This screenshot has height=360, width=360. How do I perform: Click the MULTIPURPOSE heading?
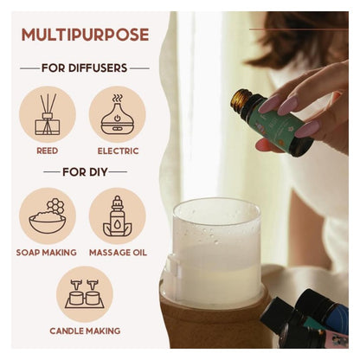[85, 35]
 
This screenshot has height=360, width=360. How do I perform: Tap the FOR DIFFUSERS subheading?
[85, 68]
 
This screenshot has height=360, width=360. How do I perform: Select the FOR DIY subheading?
[85, 172]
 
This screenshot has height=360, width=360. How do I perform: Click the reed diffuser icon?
[48, 114]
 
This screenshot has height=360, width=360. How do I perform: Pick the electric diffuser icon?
[117, 114]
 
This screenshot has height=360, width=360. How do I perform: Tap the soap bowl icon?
[48, 215]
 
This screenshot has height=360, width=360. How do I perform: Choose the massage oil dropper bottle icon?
[117, 215]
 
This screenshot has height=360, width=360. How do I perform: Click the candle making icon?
[85, 293]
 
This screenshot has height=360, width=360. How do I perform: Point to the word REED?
[48, 151]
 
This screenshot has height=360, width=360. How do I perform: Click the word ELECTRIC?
[118, 151]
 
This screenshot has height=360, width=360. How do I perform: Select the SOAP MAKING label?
[47, 253]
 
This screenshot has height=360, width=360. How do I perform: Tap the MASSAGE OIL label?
[118, 253]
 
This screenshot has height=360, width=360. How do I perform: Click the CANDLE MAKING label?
[85, 331]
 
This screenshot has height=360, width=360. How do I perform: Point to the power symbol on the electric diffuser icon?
[117, 118]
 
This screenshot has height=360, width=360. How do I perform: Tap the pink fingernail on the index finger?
[271, 105]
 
